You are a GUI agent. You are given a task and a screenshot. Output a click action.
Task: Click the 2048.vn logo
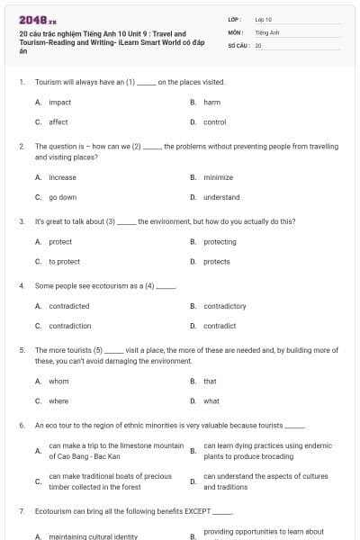coord(33,20)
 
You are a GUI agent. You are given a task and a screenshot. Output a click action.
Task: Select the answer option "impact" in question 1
coord(59,103)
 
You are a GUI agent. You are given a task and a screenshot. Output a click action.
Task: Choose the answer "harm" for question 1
coord(212,103)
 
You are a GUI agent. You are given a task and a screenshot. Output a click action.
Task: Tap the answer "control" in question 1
coord(214,122)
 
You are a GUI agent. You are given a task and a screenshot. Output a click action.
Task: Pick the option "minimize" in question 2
coord(218,177)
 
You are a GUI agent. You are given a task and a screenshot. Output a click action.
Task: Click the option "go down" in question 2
coord(62,197)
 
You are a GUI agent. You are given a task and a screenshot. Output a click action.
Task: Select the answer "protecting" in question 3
coord(220,241)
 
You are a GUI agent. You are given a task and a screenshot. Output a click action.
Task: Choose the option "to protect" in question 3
coord(64,261)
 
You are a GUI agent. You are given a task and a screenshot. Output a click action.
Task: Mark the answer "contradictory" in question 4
coord(225,306)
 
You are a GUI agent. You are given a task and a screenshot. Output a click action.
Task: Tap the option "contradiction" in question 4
coord(69,326)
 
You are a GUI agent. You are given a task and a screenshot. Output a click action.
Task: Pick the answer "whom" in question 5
coord(58,381)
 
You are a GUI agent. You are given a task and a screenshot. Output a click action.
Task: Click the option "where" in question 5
coord(58,400)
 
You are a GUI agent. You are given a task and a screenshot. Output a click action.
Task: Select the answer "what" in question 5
coord(211,400)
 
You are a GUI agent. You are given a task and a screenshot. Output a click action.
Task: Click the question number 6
coord(21,425)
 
